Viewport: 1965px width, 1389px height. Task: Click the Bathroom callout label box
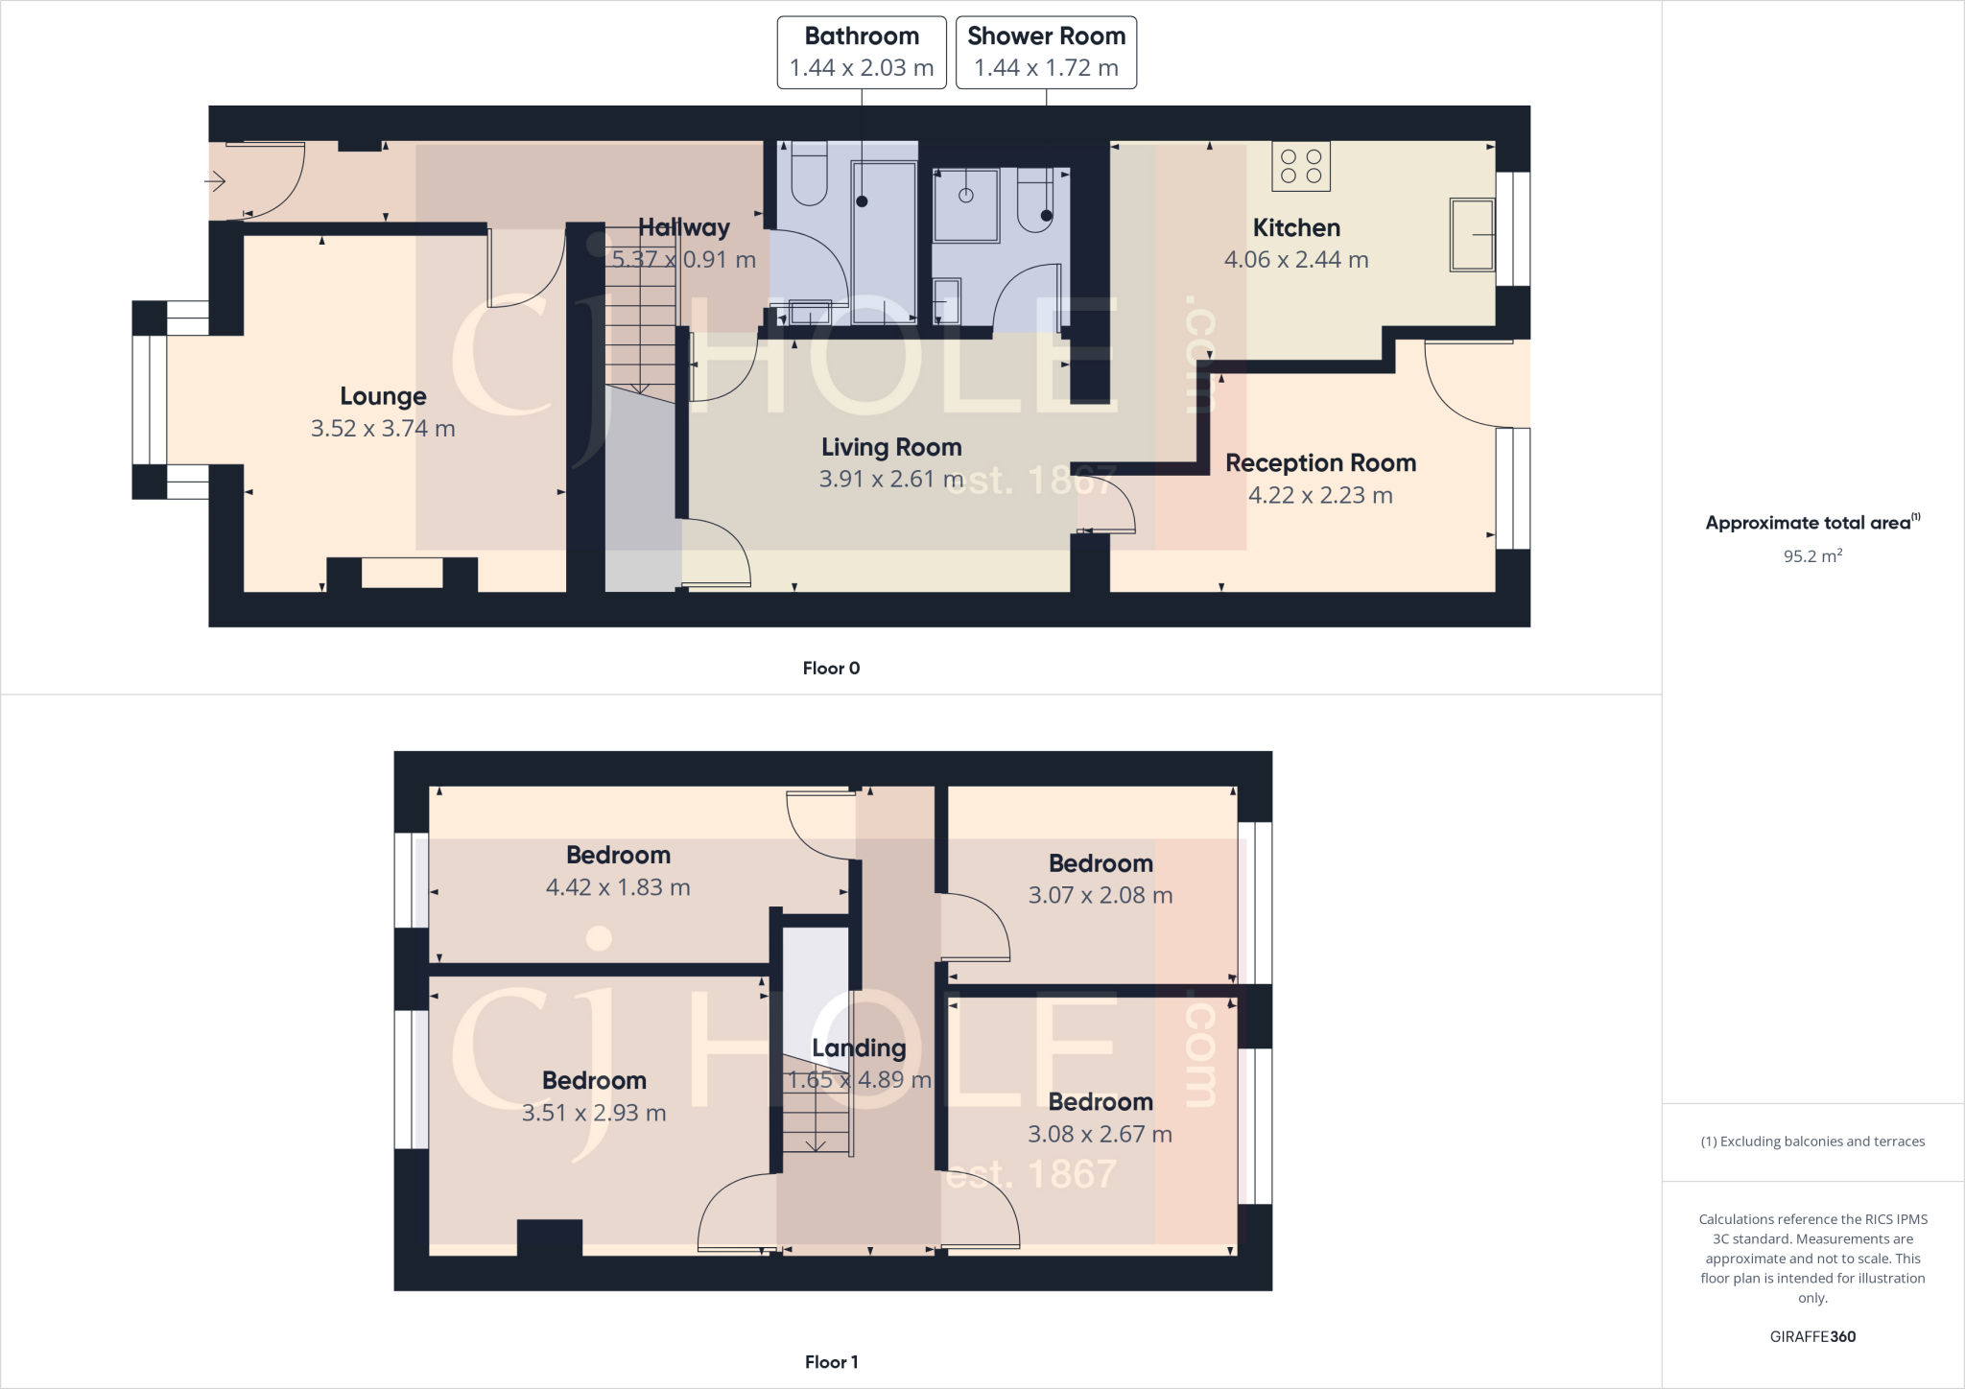(x=861, y=52)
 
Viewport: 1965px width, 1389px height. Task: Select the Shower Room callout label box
(x=1046, y=52)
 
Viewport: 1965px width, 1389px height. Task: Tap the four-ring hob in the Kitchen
(x=1301, y=166)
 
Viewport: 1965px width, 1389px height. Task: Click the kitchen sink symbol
(x=1472, y=234)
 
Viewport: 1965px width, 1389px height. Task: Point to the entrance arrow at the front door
(x=215, y=180)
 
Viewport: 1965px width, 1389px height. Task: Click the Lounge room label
(x=383, y=396)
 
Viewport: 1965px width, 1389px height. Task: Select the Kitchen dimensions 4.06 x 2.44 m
(x=1295, y=260)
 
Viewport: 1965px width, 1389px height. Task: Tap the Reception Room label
(x=1320, y=463)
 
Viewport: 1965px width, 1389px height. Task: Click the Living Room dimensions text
(x=890, y=479)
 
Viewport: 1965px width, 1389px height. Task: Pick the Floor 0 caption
(x=831, y=669)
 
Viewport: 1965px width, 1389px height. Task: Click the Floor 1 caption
(x=831, y=1362)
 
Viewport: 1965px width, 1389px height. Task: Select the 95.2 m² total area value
(x=1811, y=556)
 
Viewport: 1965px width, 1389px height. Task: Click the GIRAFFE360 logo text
(x=1811, y=1336)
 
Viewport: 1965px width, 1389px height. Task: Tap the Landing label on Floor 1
(x=859, y=1048)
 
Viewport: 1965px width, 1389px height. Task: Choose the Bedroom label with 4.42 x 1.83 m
(x=618, y=855)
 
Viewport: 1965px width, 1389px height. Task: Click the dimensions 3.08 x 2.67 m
(x=1100, y=1134)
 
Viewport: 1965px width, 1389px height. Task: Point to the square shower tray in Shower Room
(x=966, y=204)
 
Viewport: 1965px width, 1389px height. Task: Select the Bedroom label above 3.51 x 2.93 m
(x=594, y=1080)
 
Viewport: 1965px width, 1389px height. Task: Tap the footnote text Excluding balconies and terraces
(x=1811, y=1142)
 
